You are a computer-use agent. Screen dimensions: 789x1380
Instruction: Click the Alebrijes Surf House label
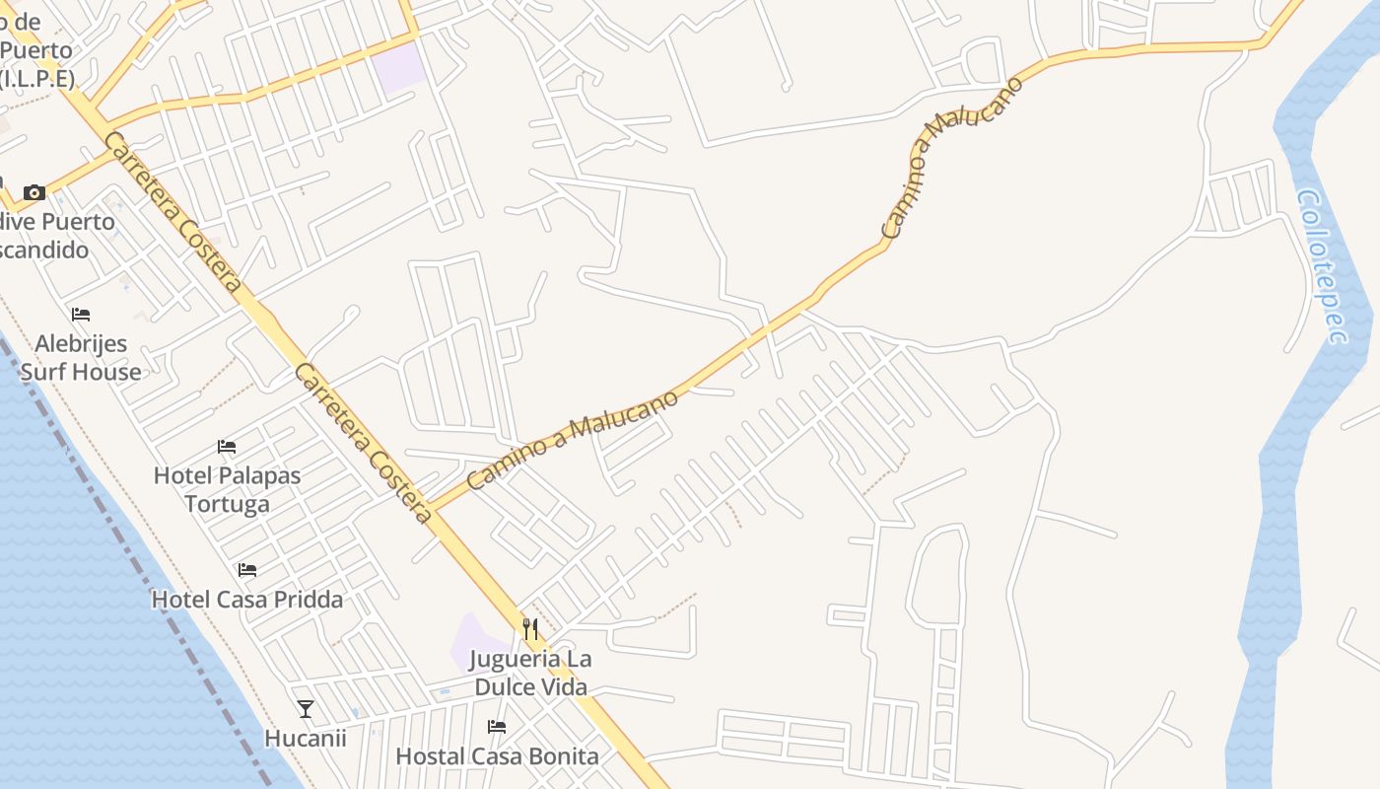click(81, 358)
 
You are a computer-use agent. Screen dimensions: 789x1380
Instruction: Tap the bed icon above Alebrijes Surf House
click(81, 315)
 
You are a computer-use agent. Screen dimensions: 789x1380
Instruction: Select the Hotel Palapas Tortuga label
click(227, 489)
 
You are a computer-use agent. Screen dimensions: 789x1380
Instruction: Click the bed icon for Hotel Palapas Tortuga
click(227, 446)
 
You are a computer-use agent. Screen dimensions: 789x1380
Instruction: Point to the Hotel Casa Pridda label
click(247, 600)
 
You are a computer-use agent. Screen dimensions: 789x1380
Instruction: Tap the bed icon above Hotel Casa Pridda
click(247, 570)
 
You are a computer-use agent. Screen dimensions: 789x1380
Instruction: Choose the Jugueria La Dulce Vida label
click(531, 673)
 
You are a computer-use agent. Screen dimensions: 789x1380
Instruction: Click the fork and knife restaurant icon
click(530, 629)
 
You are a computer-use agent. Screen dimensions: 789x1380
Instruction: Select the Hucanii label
click(306, 738)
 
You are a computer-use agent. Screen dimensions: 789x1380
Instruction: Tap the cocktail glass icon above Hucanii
click(306, 708)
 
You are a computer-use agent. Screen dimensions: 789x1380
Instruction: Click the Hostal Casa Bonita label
click(497, 756)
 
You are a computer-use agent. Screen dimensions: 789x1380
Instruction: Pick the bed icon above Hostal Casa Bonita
click(497, 727)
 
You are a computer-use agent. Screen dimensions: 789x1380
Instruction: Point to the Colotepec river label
click(1322, 266)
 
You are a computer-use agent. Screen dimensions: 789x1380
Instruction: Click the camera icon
click(34, 192)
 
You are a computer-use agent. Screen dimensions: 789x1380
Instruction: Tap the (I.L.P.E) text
click(37, 78)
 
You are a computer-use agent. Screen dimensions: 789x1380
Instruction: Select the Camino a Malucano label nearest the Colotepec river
click(952, 158)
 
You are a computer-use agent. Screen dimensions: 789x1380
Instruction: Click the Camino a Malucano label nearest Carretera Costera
click(573, 440)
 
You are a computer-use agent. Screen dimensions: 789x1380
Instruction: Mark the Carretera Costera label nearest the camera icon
click(172, 212)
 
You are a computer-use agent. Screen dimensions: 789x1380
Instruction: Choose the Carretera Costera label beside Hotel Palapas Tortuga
click(364, 443)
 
